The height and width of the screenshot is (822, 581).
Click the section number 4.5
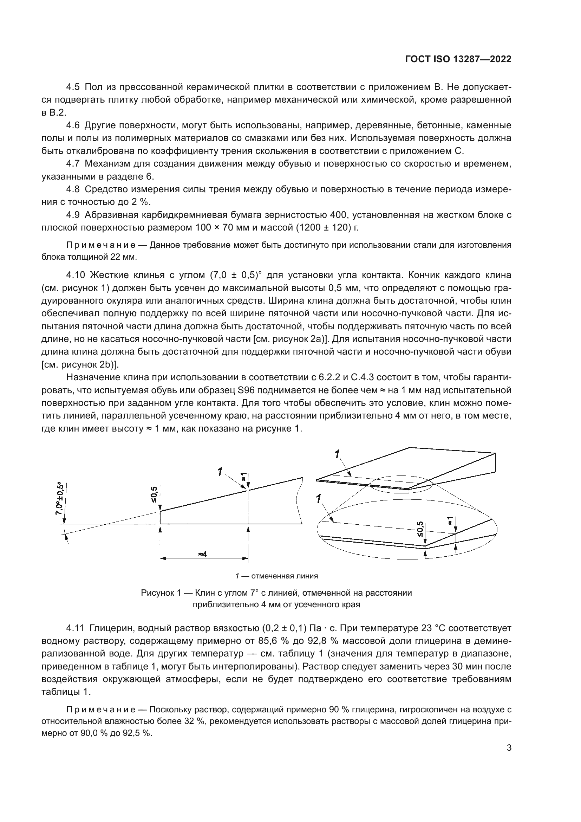pos(73,87)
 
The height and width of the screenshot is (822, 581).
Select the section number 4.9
pos(73,215)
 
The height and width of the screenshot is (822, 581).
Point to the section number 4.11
pos(75,628)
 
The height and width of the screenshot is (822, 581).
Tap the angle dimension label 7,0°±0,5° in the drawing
pos(59,498)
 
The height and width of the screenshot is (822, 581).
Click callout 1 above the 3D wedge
pos(337,454)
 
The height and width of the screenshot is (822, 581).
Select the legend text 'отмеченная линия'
pos(284,576)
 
